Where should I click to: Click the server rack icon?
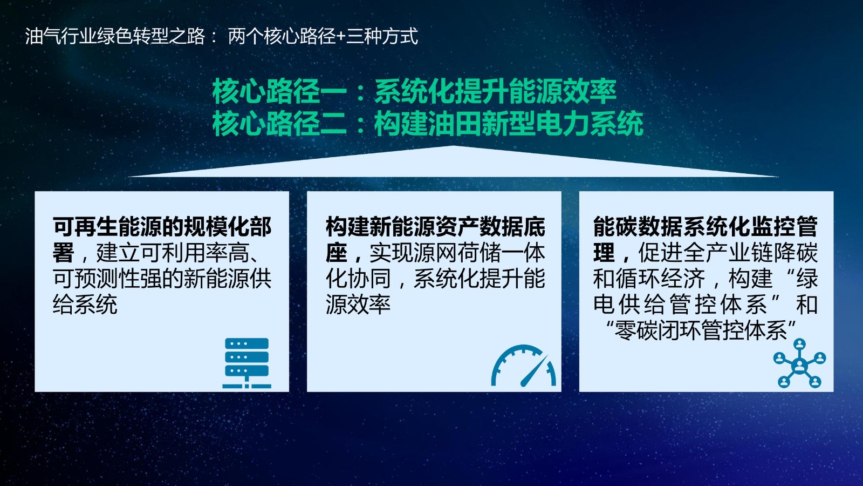click(x=246, y=363)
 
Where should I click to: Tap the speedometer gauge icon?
click(x=523, y=365)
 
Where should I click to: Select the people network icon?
click(x=799, y=363)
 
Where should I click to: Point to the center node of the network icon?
click(x=799, y=365)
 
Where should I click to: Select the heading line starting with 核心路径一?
click(x=414, y=91)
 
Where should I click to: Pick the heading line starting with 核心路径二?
click(x=428, y=124)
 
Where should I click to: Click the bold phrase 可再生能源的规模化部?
click(x=162, y=226)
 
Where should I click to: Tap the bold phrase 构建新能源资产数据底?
click(x=435, y=226)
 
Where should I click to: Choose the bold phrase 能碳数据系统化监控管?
click(x=706, y=226)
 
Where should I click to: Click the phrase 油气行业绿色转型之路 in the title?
click(x=115, y=37)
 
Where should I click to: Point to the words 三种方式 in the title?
click(x=382, y=37)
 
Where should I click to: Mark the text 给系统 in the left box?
click(x=85, y=305)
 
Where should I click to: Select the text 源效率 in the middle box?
click(x=358, y=305)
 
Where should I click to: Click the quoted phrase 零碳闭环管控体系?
click(x=700, y=330)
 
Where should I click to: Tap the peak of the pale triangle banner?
click(x=453, y=146)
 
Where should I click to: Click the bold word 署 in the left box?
click(x=63, y=253)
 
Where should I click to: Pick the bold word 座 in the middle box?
click(x=337, y=253)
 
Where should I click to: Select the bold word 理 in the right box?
click(x=604, y=253)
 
